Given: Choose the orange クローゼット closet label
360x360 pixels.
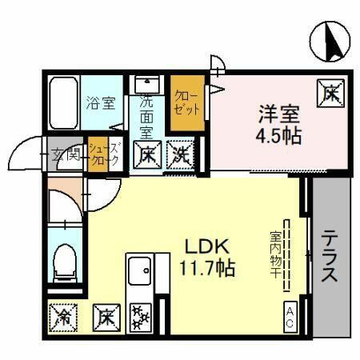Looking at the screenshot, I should coord(186,101).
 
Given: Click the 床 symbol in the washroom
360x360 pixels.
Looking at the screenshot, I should coord(148,152).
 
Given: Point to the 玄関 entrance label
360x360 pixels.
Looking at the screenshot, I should coord(66,155).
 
